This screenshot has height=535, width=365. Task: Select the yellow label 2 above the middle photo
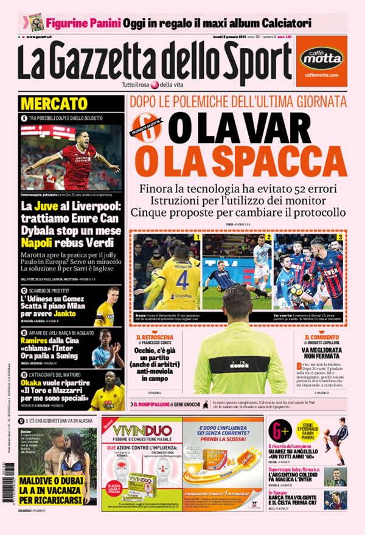pos(268,237)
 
